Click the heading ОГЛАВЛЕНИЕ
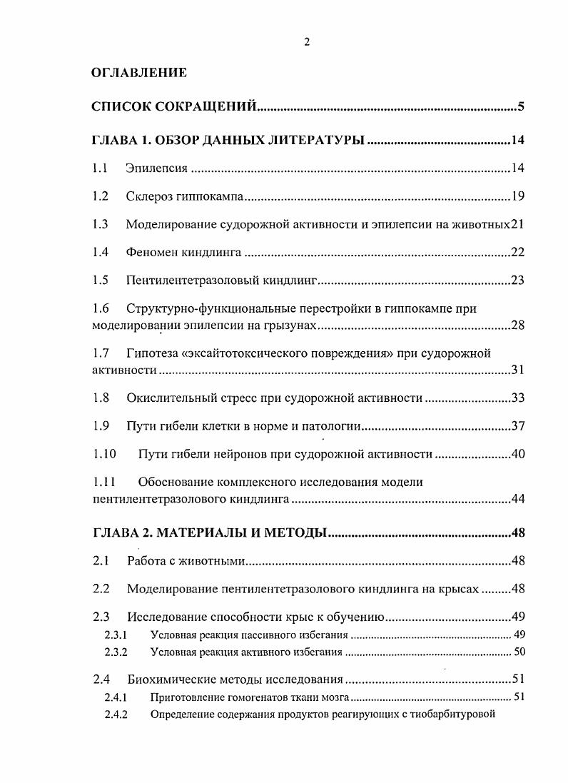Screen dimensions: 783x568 point(139,73)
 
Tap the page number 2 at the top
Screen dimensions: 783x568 point(306,41)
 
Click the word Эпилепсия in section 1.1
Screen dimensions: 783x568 point(156,168)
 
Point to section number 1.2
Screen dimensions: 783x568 point(101,196)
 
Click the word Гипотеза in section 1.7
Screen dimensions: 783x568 point(153,353)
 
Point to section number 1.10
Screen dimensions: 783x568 point(103,454)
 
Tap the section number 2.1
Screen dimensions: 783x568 point(101,561)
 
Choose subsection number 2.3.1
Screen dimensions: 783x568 point(116,634)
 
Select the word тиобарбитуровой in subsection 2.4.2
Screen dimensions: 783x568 point(454,714)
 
